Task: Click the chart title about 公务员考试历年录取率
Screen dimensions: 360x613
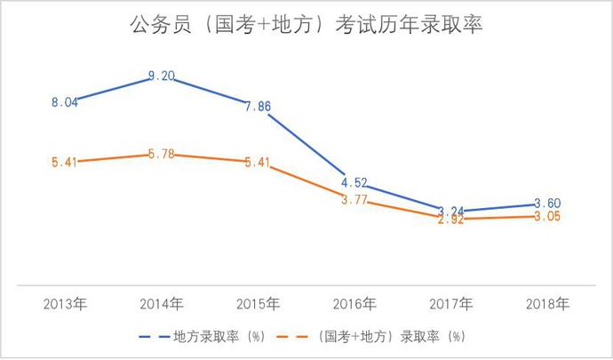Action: click(306, 25)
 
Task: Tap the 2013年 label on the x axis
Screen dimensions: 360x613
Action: click(66, 304)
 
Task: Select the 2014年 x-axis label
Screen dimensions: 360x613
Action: click(162, 304)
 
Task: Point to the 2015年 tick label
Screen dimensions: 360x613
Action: click(259, 304)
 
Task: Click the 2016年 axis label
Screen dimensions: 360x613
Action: click(355, 304)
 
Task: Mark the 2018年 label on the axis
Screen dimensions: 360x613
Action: click(548, 304)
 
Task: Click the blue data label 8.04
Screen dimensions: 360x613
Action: click(66, 102)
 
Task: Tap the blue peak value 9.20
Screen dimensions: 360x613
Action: click(162, 76)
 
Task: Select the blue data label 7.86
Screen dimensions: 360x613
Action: click(259, 106)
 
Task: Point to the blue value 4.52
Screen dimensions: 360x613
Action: click(355, 184)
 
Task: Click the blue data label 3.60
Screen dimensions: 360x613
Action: click(548, 204)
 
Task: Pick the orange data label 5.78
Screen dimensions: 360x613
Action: click(162, 155)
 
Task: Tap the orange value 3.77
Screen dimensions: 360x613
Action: click(355, 200)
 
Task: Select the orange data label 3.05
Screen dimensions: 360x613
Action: click(548, 217)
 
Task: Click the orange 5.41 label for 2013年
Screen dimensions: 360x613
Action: click(66, 163)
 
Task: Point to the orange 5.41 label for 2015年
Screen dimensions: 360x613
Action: click(259, 163)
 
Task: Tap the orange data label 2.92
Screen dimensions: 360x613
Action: click(451, 220)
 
